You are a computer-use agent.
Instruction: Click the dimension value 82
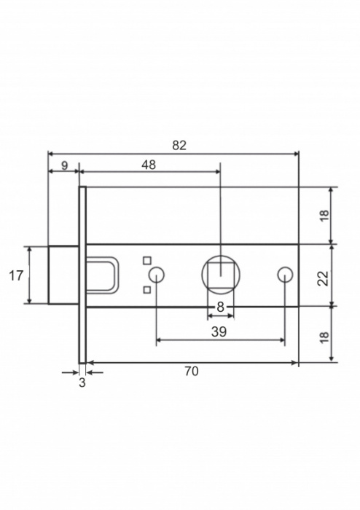click(179, 146)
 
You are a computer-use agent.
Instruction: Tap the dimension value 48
click(149, 165)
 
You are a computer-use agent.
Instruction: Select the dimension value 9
click(64, 165)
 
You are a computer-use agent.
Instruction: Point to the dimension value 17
click(16, 276)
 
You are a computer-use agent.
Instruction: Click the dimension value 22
click(324, 278)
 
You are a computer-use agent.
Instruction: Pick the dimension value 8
click(221, 307)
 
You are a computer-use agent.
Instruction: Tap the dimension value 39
click(219, 332)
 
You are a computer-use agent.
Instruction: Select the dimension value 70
click(191, 371)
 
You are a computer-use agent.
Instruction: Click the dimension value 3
click(82, 382)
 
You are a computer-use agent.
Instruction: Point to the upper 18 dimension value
click(324, 215)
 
